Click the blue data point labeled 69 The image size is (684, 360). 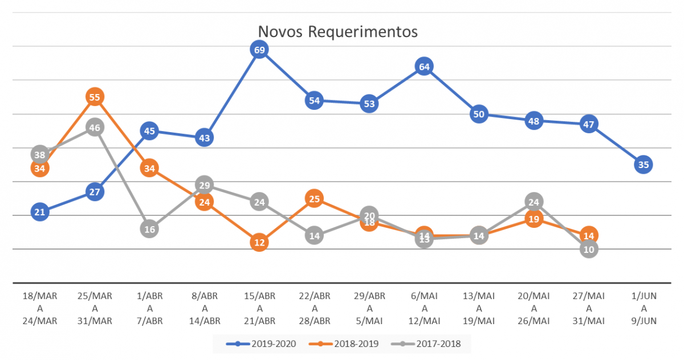[x=259, y=50]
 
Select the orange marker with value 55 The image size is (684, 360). [x=95, y=97]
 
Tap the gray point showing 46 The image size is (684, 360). [x=95, y=128]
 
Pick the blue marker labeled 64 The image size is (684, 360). [x=424, y=67]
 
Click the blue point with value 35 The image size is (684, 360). [x=644, y=165]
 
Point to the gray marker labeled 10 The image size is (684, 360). [x=589, y=249]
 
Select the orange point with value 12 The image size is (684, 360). [x=259, y=242]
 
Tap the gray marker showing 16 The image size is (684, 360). [x=149, y=229]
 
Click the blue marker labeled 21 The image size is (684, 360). [x=40, y=212]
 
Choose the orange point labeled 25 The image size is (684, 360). [x=314, y=199]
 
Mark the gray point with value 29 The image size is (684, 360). [x=204, y=185]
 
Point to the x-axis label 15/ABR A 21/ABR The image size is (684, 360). [x=259, y=308]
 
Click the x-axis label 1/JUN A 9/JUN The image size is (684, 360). [x=644, y=308]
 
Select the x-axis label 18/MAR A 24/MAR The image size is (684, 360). [x=40, y=308]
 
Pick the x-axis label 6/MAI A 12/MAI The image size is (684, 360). [x=424, y=308]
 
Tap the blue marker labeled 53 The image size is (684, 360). [x=369, y=104]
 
